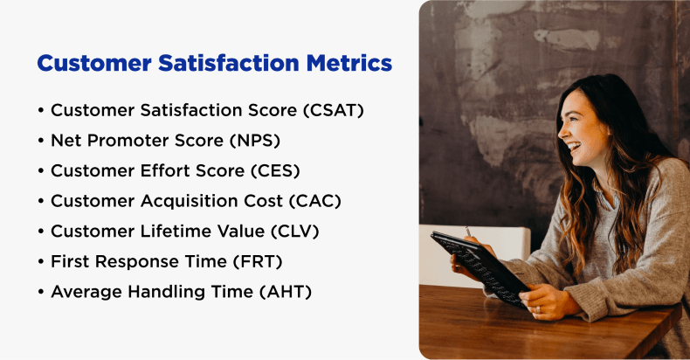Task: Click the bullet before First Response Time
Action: click(41, 261)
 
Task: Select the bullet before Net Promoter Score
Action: click(41, 141)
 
